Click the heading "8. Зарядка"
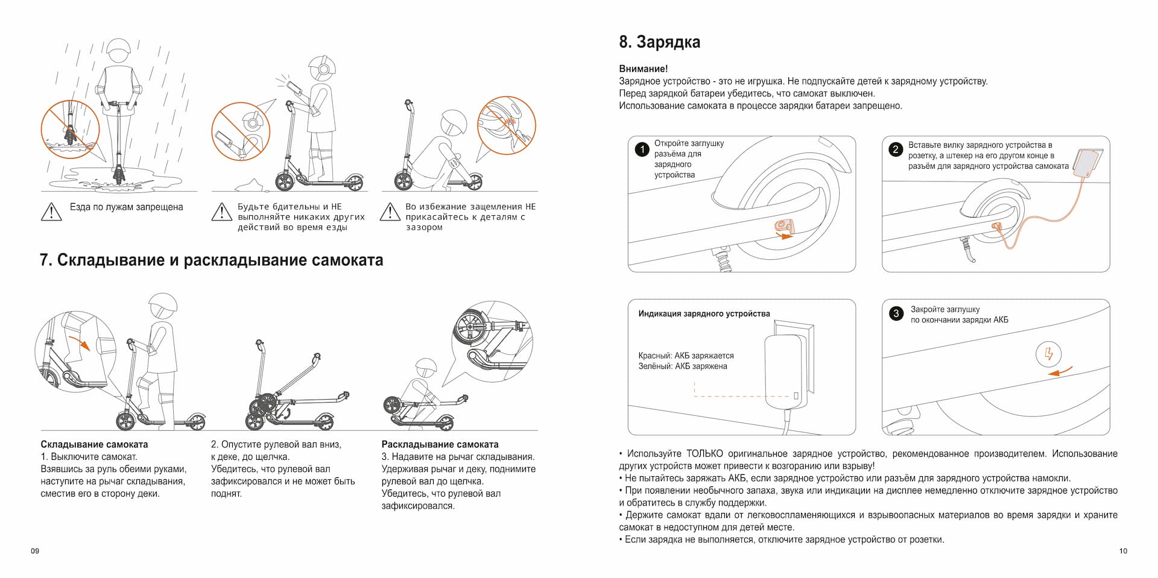click(x=659, y=42)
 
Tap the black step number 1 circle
click(x=642, y=149)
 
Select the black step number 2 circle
click(x=896, y=149)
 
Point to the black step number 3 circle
click(x=896, y=313)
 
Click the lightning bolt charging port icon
click(x=1048, y=354)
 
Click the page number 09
click(x=35, y=551)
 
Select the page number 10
click(x=1122, y=551)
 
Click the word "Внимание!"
click(x=643, y=69)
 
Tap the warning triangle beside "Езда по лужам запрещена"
click(x=52, y=211)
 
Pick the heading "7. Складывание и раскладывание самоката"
click(x=211, y=260)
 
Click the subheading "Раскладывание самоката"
click(x=440, y=444)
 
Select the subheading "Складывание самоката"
click(x=94, y=444)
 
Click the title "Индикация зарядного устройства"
click(x=704, y=313)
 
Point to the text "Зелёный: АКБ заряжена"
click(x=682, y=366)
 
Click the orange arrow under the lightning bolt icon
click(x=1060, y=371)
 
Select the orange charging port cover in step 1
click(x=783, y=226)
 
